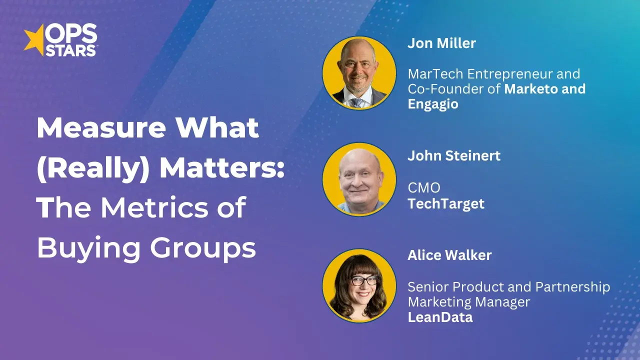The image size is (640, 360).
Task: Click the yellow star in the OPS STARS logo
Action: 34,40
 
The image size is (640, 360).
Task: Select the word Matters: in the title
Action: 222,168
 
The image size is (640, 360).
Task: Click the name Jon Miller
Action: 441,43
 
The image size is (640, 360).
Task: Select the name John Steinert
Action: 454,155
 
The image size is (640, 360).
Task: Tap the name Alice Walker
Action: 449,255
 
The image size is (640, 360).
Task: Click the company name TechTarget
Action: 446,204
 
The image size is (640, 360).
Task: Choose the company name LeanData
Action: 440,317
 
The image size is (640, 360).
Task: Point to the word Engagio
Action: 433,104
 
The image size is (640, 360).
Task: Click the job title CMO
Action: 424,188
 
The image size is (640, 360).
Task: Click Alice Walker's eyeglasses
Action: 358,280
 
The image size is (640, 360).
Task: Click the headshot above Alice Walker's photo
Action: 359,179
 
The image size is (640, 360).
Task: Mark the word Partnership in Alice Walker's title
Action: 573,287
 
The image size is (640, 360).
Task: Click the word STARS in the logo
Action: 71,50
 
